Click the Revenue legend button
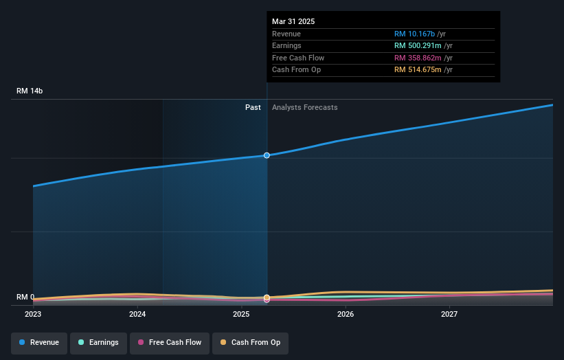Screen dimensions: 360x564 (x=39, y=342)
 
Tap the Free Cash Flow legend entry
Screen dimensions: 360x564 (x=170, y=342)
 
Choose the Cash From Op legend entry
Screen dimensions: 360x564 (x=251, y=342)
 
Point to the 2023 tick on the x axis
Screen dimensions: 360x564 (x=33, y=314)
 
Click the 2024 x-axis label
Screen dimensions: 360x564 (x=137, y=314)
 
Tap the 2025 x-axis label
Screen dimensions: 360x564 (x=241, y=314)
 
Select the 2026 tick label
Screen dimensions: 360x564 (x=346, y=314)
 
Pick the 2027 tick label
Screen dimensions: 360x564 (x=449, y=314)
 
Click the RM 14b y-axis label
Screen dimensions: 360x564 (x=30, y=91)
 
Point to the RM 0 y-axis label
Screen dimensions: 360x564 (x=26, y=297)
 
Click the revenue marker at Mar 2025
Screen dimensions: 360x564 (x=267, y=155)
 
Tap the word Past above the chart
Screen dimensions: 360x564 (x=253, y=107)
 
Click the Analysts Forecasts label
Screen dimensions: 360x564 (x=304, y=107)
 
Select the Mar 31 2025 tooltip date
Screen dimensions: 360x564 (x=293, y=21)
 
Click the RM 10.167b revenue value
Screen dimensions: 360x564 (x=418, y=34)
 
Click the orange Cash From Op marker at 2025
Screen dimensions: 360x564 (x=267, y=297)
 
